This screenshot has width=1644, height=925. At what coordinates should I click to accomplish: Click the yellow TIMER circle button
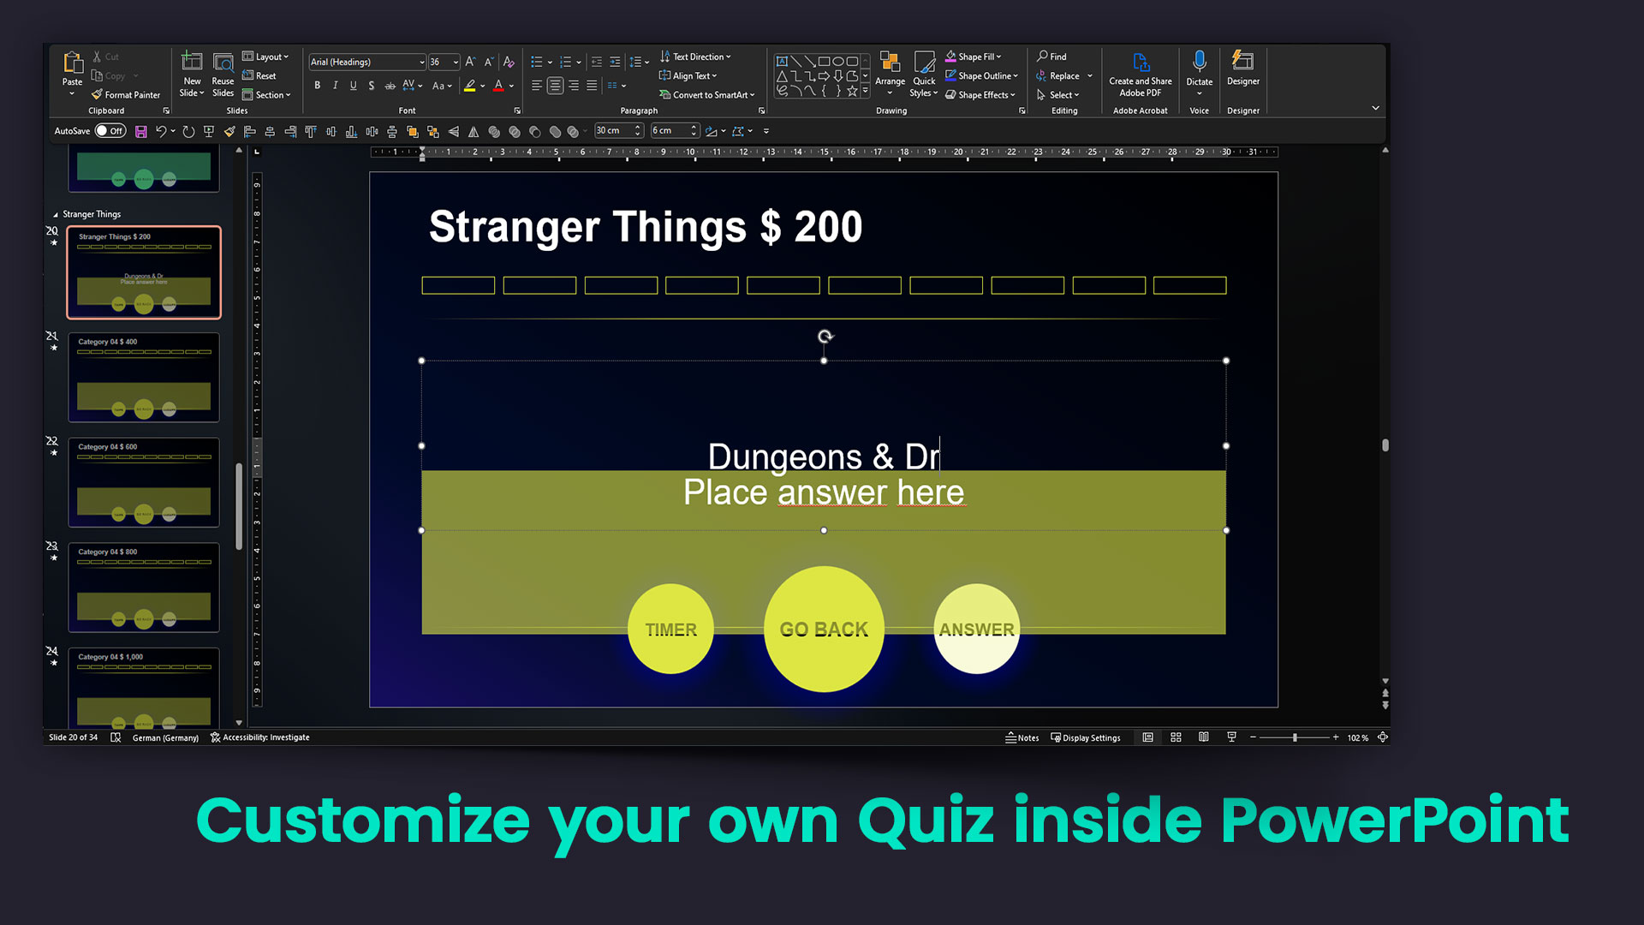pos(670,630)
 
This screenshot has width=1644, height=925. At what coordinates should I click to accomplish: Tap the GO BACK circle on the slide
pos(824,630)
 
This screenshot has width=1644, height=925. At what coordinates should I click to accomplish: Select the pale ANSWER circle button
pos(976,630)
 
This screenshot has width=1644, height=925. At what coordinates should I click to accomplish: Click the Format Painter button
pos(127,95)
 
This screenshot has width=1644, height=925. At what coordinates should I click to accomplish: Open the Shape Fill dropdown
pos(974,57)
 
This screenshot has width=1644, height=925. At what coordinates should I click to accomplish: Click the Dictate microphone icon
pos(1199,63)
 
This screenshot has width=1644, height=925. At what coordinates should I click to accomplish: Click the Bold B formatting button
pos(318,86)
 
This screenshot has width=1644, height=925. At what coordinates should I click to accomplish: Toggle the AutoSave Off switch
pos(110,131)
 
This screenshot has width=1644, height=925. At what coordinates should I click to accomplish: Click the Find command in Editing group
pos(1052,57)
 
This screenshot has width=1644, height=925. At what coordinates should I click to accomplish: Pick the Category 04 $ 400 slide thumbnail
pos(144,377)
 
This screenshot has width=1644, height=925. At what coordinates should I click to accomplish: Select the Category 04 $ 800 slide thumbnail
pos(144,588)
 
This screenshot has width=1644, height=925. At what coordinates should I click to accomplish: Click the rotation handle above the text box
pos(825,337)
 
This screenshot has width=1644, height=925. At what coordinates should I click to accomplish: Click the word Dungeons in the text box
pos(784,457)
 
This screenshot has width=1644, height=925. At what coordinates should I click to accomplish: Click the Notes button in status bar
pos(1022,737)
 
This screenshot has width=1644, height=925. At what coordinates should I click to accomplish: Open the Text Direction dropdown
pos(696,57)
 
